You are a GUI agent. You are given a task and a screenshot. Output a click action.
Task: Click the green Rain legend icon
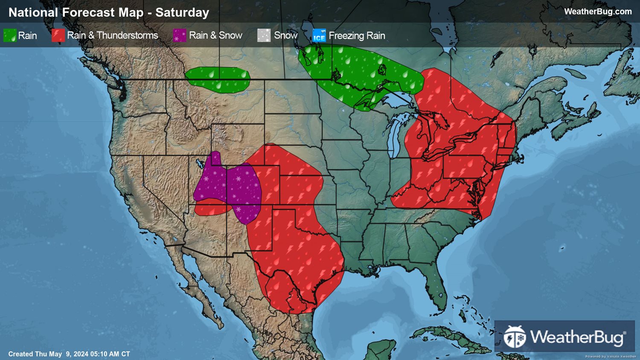tap(10, 35)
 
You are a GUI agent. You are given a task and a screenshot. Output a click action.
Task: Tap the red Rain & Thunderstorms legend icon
tap(58, 35)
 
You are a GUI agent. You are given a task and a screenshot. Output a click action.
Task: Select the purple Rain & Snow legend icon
tap(180, 35)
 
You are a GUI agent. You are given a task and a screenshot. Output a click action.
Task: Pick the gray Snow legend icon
tap(264, 35)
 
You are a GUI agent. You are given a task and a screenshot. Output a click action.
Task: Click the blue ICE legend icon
tap(319, 35)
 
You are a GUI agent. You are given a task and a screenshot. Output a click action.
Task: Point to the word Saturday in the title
tap(182, 12)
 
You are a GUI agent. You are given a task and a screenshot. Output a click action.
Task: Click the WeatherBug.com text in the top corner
tap(598, 12)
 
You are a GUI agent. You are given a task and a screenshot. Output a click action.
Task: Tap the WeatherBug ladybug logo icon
tap(515, 337)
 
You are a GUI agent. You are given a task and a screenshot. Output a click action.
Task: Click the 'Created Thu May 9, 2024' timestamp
tap(69, 354)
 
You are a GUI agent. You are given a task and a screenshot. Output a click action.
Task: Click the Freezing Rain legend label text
tap(357, 35)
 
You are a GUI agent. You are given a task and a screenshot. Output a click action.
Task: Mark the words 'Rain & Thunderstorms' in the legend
tap(113, 35)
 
